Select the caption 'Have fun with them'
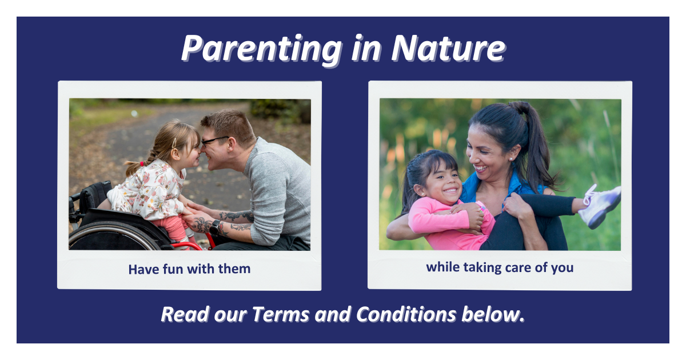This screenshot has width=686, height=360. tap(189, 269)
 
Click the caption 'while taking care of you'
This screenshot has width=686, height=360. tap(500, 267)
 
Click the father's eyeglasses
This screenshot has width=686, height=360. tap(214, 141)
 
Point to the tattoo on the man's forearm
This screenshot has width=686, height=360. tap(237, 217)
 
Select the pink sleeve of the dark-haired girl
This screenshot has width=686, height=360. tap(434, 220)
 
